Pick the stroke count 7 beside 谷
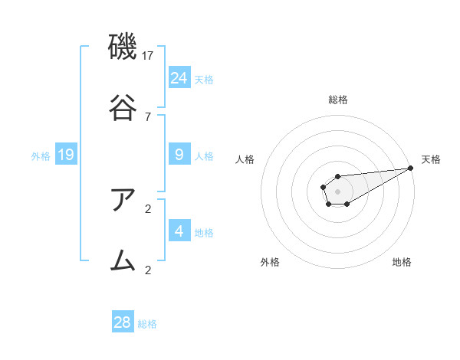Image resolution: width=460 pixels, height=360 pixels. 148,116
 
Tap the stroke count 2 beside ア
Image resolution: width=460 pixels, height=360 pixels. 148,208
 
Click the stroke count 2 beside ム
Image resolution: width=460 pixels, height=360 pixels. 148,270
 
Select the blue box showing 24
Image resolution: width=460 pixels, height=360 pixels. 179,77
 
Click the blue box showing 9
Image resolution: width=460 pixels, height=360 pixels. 179,155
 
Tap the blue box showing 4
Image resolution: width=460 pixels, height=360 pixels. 179,231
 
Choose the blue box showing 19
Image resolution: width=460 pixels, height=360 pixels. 66,155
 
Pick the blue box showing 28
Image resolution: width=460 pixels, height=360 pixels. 123,322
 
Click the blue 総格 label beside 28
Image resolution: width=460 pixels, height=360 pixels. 147,324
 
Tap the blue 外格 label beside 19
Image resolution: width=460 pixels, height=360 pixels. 41,156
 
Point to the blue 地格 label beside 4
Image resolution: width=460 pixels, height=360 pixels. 204,233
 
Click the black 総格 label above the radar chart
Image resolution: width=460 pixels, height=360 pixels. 338,100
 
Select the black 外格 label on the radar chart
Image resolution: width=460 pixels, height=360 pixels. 270,262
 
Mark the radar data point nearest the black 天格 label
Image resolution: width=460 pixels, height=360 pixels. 412,168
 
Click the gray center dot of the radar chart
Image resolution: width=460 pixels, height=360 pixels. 337,190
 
